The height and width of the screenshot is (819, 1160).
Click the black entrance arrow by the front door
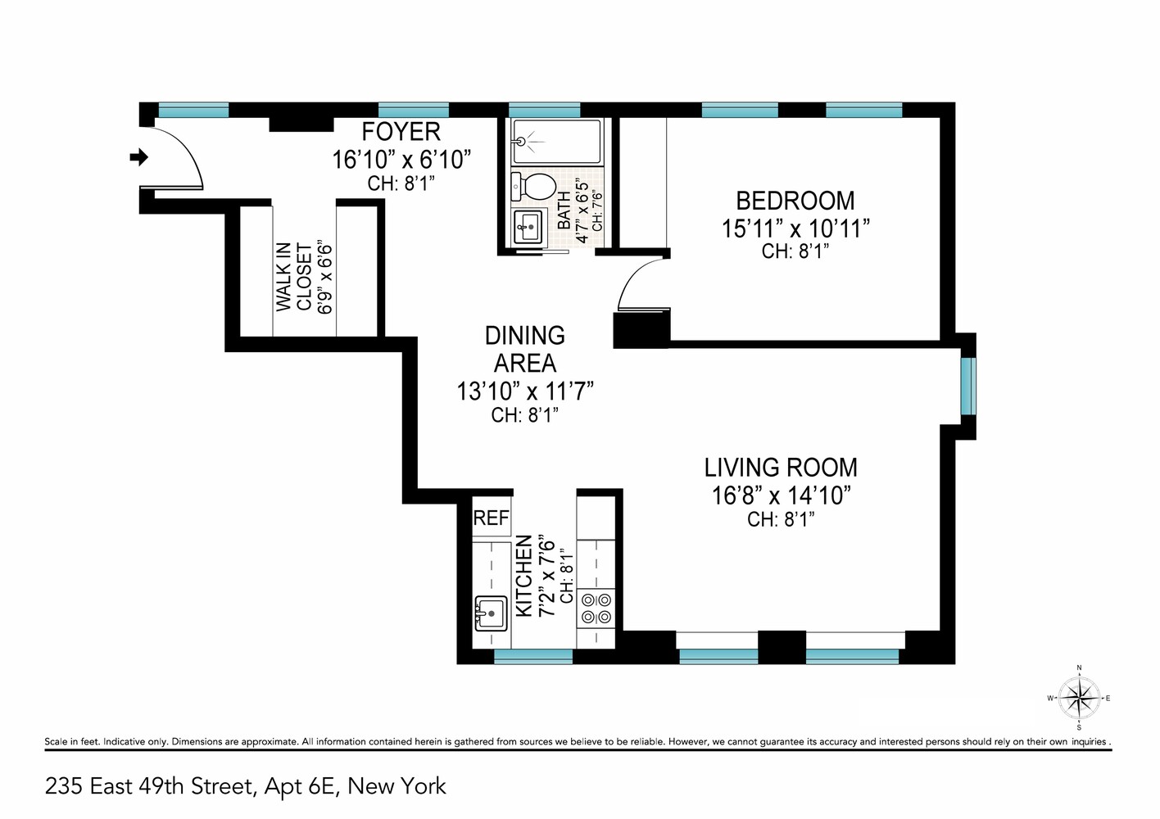(x=139, y=156)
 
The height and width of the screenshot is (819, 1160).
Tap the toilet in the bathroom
(x=532, y=186)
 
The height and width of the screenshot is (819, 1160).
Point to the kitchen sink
(x=491, y=613)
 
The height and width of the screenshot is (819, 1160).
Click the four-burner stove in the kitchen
(x=596, y=608)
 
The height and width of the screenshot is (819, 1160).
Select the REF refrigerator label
(x=492, y=518)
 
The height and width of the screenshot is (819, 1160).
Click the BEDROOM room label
(x=795, y=201)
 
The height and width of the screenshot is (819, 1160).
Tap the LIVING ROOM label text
(x=781, y=468)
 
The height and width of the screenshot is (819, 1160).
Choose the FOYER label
(x=401, y=132)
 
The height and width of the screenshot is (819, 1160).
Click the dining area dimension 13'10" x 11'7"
(x=524, y=391)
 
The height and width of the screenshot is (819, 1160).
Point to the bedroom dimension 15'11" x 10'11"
(x=795, y=229)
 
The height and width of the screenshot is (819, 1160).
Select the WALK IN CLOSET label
(x=293, y=277)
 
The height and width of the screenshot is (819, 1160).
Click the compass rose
(x=1079, y=699)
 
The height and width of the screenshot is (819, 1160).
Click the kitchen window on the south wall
(x=533, y=656)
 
